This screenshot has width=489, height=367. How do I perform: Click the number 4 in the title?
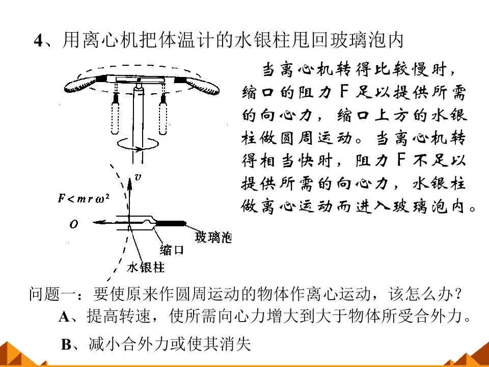(x=38, y=40)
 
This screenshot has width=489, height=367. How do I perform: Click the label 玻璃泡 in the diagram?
(x=213, y=237)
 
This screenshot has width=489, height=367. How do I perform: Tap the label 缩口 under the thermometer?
(x=172, y=250)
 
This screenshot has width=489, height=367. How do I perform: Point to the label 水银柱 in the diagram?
(x=146, y=268)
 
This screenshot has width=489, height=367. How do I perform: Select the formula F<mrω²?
(x=84, y=198)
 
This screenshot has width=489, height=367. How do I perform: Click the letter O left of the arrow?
(x=73, y=224)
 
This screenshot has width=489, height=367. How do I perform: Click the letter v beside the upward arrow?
(x=138, y=177)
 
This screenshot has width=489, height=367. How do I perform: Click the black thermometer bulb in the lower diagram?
(x=171, y=223)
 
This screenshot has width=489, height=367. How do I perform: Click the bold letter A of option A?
(x=64, y=317)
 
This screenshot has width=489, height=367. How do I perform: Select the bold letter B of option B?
(x=66, y=345)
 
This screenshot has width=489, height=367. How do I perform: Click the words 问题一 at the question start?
(x=52, y=294)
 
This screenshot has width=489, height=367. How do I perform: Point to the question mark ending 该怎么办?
(x=458, y=294)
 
